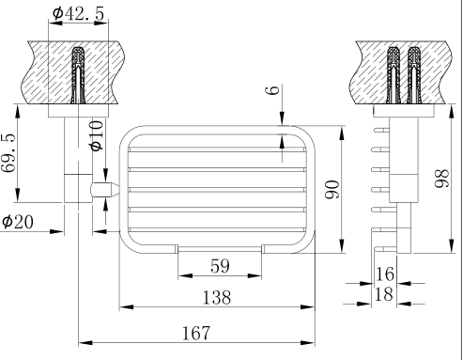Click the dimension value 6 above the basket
click(271, 94)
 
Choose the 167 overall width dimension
click(195, 332)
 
